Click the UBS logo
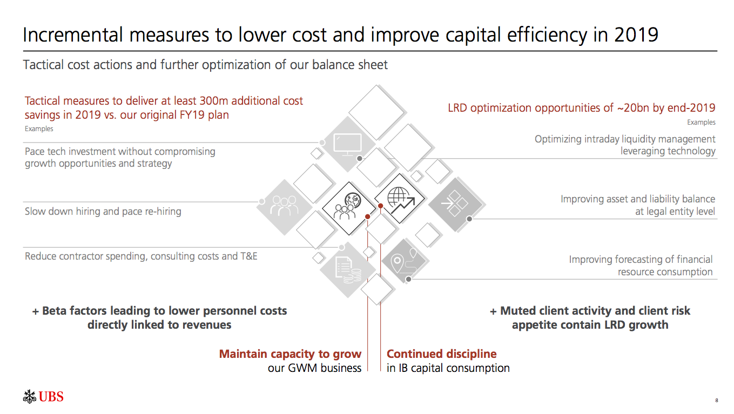click(x=43, y=397)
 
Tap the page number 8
click(x=716, y=400)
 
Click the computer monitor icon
click(x=347, y=144)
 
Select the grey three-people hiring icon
click(x=285, y=207)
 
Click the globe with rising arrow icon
click(x=400, y=201)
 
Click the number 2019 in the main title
click(x=636, y=35)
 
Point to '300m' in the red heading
click(x=213, y=101)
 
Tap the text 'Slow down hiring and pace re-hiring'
click(x=103, y=212)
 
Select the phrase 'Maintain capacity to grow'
click(x=290, y=354)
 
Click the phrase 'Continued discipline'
click(x=441, y=354)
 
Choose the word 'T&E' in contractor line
click(x=248, y=256)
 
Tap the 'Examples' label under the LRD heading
click(x=701, y=123)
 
